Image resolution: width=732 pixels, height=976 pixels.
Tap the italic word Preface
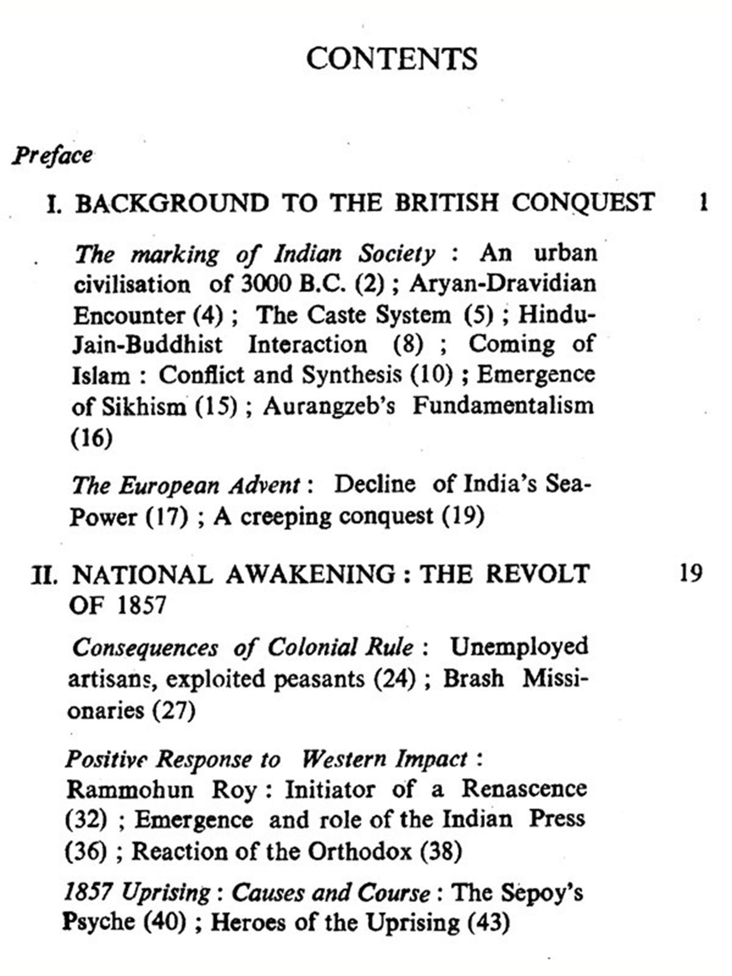click(x=52, y=156)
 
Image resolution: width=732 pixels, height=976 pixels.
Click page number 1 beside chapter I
click(x=703, y=202)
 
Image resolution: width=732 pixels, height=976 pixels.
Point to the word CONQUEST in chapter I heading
click(x=583, y=202)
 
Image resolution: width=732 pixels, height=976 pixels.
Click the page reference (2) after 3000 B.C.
click(x=369, y=284)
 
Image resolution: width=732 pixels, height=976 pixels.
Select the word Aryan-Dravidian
click(x=503, y=284)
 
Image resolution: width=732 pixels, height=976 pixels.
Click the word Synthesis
click(x=351, y=375)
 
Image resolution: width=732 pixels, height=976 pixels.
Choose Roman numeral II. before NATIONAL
click(x=44, y=574)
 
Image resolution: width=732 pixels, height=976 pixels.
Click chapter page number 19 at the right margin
click(x=691, y=572)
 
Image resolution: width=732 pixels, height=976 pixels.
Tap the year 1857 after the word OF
click(x=142, y=605)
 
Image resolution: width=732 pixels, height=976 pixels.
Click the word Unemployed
click(x=519, y=647)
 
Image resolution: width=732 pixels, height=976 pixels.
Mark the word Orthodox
click(x=360, y=852)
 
